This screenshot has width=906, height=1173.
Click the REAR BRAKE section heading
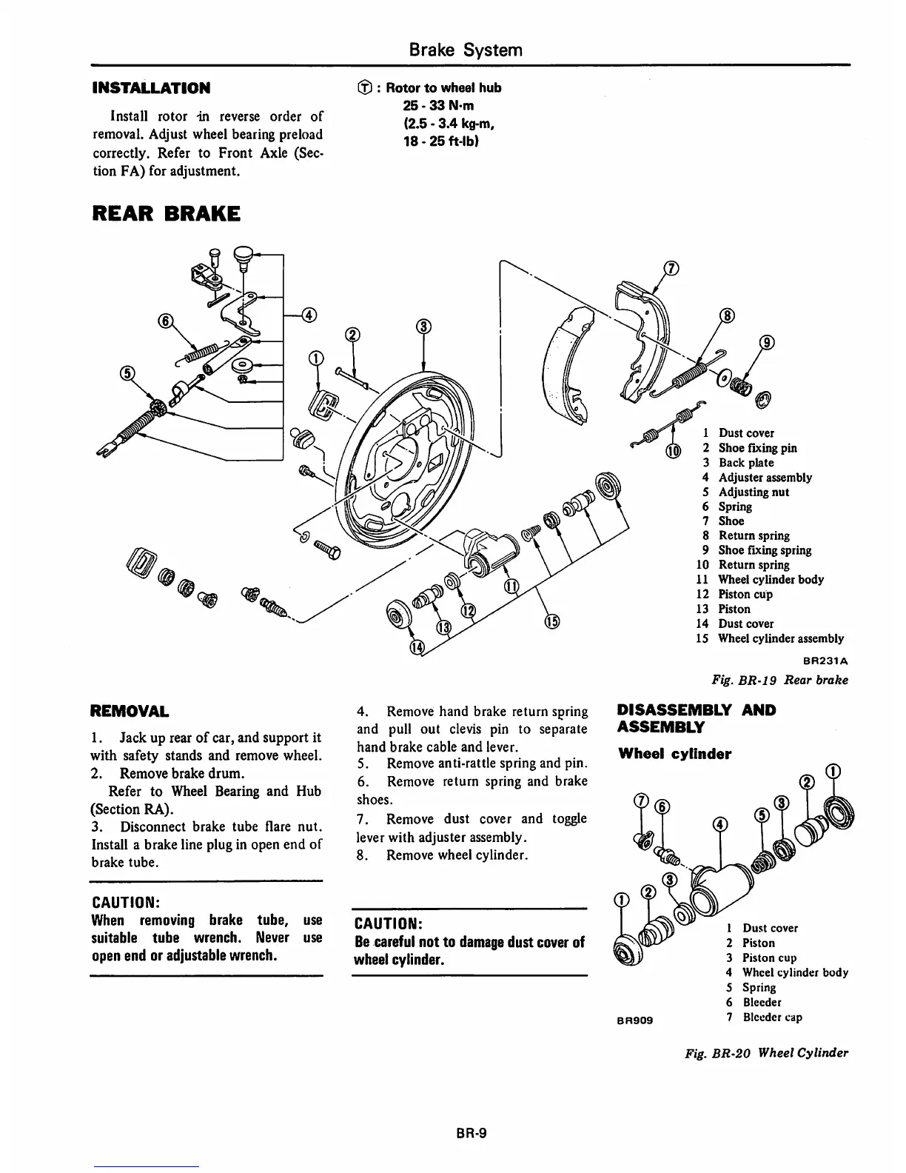pyautogui.click(x=165, y=213)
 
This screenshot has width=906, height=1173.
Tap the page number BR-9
pyautogui.click(x=466, y=1133)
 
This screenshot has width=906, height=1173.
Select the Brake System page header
pyautogui.click(x=466, y=50)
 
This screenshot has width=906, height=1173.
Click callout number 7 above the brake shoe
pyautogui.click(x=670, y=269)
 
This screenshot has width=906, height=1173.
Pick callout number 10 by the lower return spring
pyautogui.click(x=673, y=452)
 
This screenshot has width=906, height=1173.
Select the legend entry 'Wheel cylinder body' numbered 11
pyautogui.click(x=770, y=580)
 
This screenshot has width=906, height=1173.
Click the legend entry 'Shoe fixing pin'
pyautogui.click(x=757, y=448)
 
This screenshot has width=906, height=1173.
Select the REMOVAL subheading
pyautogui.click(x=129, y=712)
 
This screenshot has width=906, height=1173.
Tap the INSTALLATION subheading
pyautogui.click(x=150, y=88)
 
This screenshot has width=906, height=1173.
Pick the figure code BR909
pyautogui.click(x=634, y=1020)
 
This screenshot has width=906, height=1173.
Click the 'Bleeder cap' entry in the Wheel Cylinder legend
pyautogui.click(x=771, y=1017)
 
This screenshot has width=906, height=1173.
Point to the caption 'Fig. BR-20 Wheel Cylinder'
pyautogui.click(x=767, y=1053)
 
